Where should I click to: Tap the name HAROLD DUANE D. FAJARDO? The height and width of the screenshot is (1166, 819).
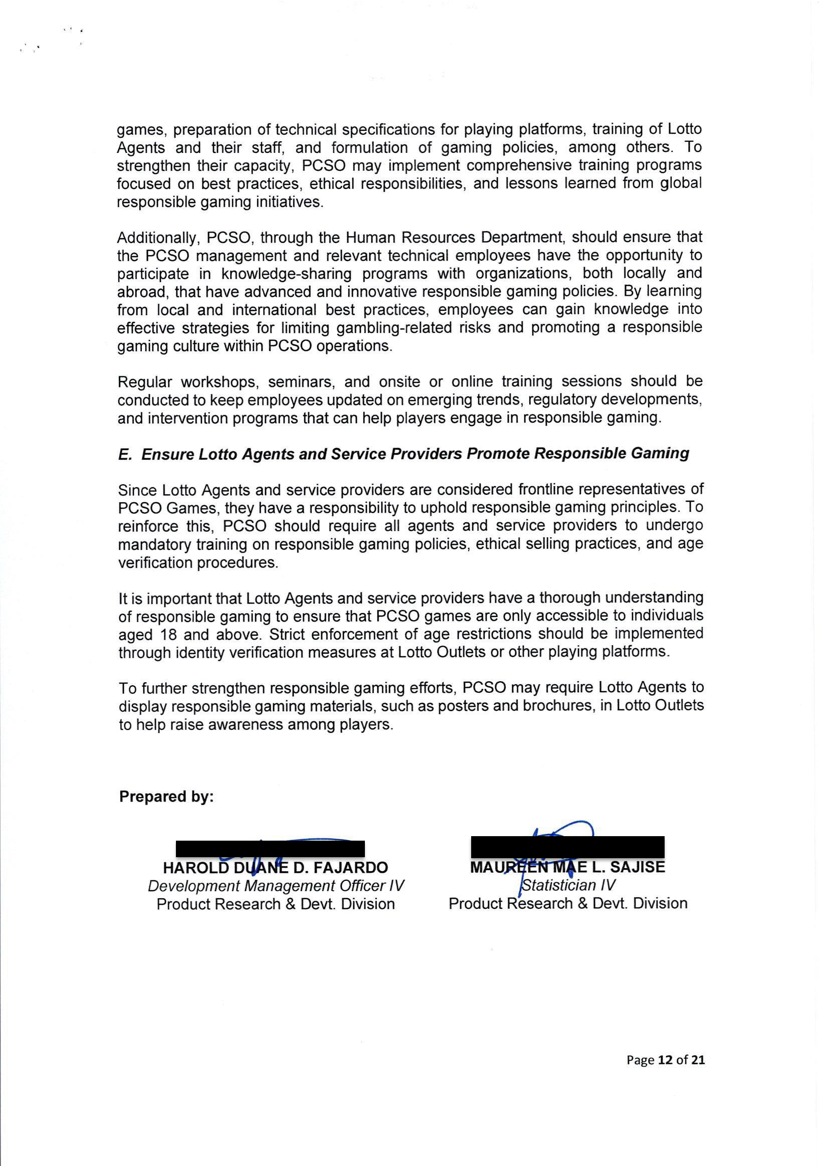point(275,867)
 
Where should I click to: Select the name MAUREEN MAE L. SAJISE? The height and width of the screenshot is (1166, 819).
point(567,867)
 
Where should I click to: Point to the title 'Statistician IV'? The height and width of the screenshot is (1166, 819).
point(568,885)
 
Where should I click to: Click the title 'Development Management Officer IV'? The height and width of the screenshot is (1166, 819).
point(276,886)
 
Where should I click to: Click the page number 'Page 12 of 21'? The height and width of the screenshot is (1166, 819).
point(665,1060)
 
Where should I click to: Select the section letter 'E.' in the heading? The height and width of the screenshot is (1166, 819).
point(125,455)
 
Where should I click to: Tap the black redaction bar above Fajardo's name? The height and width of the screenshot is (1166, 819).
point(270,849)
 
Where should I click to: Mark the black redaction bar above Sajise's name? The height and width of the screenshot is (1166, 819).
point(567,847)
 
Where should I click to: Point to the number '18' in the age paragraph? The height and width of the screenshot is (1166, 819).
point(168,635)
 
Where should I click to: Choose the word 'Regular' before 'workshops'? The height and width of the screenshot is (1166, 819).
point(145,382)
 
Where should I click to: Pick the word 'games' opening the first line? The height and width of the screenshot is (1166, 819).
point(141,130)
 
